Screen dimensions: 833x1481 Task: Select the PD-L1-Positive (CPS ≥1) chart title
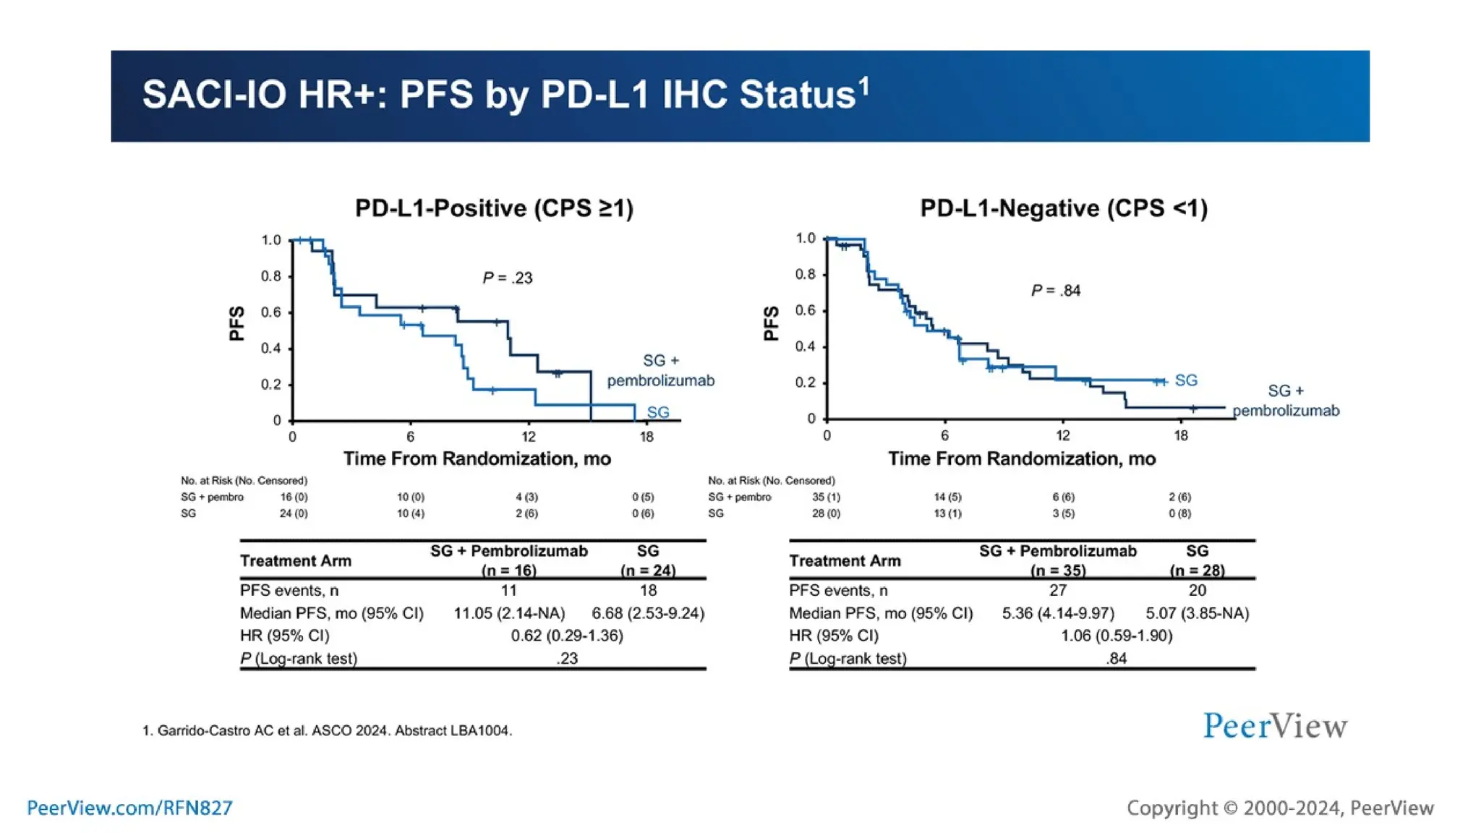click(x=494, y=208)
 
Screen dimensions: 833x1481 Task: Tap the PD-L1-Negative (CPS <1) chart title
click(x=1063, y=208)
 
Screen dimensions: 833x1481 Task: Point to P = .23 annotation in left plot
click(x=507, y=278)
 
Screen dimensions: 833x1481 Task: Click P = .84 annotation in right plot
click(x=1055, y=291)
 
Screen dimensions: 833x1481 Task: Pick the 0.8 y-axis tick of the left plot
click(x=271, y=276)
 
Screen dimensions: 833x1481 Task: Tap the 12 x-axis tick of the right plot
click(x=1062, y=436)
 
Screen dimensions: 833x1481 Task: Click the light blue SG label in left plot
click(x=657, y=412)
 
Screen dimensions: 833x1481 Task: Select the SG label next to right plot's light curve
click(x=1186, y=380)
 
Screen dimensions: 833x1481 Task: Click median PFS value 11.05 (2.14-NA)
click(x=509, y=613)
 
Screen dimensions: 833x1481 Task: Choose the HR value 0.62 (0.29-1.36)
click(x=566, y=636)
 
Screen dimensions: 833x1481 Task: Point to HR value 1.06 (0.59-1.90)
click(x=1116, y=636)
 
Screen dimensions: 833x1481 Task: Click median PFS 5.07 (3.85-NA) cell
click(x=1197, y=613)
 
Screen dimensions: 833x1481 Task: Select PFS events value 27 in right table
click(x=1057, y=590)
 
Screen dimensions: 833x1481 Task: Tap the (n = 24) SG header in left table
click(x=648, y=570)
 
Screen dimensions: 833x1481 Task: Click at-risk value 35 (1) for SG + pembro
click(x=826, y=497)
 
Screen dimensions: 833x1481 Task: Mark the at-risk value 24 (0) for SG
click(x=294, y=513)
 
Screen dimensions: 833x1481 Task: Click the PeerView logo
click(x=1275, y=726)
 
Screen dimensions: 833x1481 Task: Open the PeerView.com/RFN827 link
click(x=129, y=808)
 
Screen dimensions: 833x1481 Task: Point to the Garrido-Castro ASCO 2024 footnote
click(x=327, y=730)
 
